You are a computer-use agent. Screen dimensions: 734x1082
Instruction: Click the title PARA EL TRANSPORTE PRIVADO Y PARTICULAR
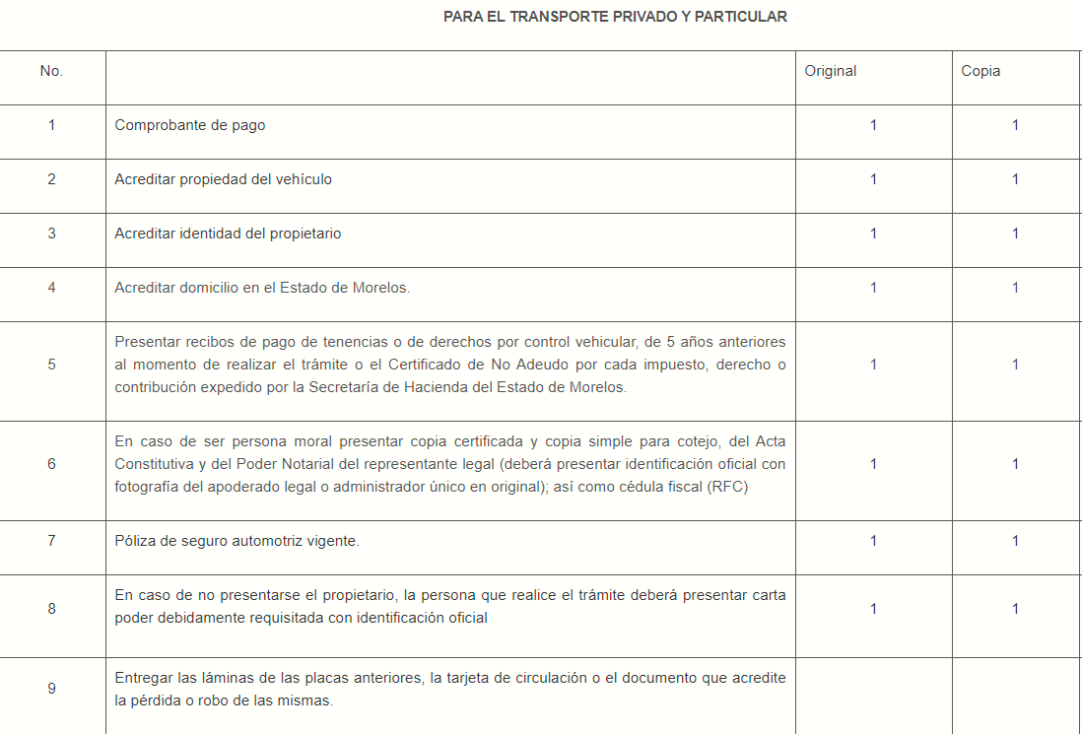pyautogui.click(x=615, y=17)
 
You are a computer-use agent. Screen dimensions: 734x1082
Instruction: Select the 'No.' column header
pyautogui.click(x=51, y=71)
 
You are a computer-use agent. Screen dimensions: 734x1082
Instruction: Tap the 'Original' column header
pyautogui.click(x=831, y=71)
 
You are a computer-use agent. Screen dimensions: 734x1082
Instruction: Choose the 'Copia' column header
pyautogui.click(x=981, y=71)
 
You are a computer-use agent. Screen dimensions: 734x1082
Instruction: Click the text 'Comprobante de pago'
pyautogui.click(x=190, y=125)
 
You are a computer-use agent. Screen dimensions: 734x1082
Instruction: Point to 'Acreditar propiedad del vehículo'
pyautogui.click(x=224, y=179)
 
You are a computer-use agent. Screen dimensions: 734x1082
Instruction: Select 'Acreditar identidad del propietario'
pyautogui.click(x=228, y=234)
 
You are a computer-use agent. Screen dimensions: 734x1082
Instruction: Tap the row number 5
pyautogui.click(x=51, y=365)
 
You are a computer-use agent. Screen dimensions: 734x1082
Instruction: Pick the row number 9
pyautogui.click(x=51, y=689)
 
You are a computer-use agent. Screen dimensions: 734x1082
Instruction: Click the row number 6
pyautogui.click(x=51, y=464)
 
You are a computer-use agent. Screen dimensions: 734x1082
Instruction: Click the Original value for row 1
pyautogui.click(x=873, y=125)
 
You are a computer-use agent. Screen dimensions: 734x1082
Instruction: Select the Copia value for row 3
pyautogui.click(x=1015, y=234)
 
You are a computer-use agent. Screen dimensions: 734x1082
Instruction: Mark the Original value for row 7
pyautogui.click(x=873, y=541)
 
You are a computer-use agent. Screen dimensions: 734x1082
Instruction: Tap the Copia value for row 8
pyautogui.click(x=1015, y=609)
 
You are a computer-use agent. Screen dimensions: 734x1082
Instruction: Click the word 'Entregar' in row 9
pyautogui.click(x=143, y=678)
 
